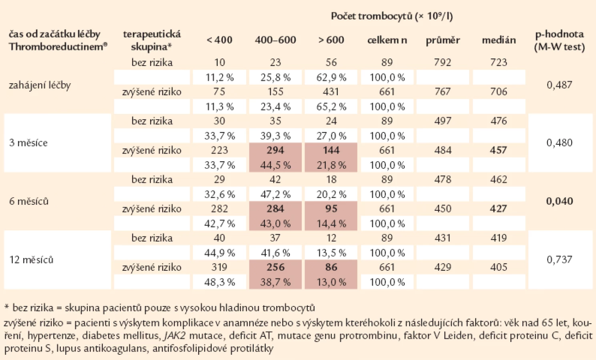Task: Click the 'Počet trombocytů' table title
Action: [391, 16]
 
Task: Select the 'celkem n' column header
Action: [387, 40]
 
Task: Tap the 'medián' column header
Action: [499, 40]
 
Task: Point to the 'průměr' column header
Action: [443, 40]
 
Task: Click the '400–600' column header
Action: [275, 40]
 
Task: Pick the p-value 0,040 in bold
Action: [559, 201]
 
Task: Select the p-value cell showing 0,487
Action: [559, 85]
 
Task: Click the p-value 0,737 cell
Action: [559, 260]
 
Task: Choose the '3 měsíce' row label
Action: [28, 143]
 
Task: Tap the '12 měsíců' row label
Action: [31, 260]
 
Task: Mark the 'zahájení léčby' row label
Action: [40, 85]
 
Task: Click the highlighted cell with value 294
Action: [275, 150]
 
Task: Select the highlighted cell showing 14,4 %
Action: [331, 224]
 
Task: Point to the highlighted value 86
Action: [331, 267]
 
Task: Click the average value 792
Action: [443, 62]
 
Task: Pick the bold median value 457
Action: [499, 150]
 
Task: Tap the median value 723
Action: [499, 62]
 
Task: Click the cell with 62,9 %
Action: [331, 77]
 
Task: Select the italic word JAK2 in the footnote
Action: [174, 336]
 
